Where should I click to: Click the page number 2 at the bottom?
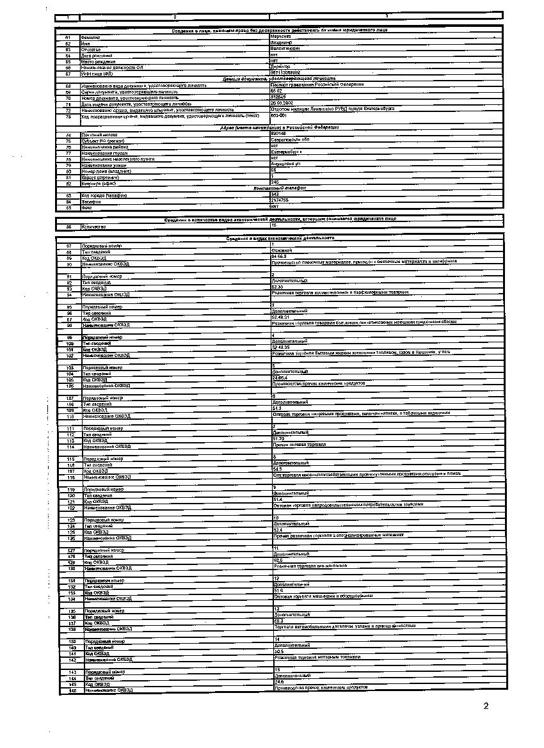tap(486, 706)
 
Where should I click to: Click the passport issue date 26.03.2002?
tap(284, 103)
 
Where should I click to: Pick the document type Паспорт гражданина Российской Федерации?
tap(317, 84)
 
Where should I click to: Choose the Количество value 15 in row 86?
tap(274, 226)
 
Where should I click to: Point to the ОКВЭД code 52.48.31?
tap(282, 317)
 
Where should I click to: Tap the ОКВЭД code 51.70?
tap(278, 438)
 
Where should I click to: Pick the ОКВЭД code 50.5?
tap(277, 651)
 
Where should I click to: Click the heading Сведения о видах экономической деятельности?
tap(280, 238)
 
